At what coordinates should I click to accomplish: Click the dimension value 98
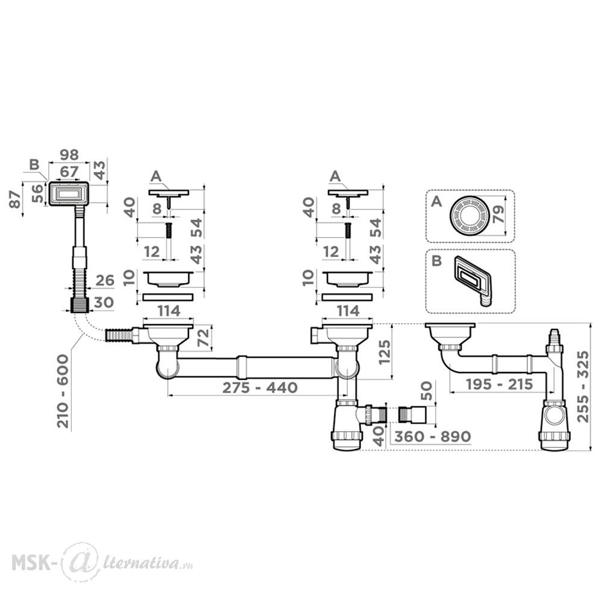(x=69, y=155)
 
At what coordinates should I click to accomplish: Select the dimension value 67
(x=69, y=171)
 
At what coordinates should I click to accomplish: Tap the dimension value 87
(x=15, y=199)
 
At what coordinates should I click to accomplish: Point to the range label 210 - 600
(x=63, y=391)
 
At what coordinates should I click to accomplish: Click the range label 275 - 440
(x=260, y=387)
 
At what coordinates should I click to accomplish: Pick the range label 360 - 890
(x=432, y=436)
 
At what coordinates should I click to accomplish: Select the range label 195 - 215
(x=499, y=384)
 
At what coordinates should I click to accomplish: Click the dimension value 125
(x=384, y=352)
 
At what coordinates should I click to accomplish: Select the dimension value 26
(x=105, y=281)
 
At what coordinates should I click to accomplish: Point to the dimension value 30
(x=104, y=303)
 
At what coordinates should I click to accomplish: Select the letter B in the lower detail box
(x=436, y=261)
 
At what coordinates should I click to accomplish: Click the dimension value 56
(x=37, y=193)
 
